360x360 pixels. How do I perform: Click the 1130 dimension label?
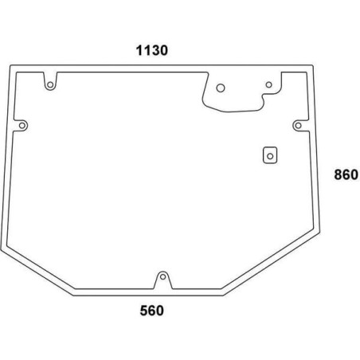coord(152,50)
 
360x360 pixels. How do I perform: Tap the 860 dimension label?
coord(346,174)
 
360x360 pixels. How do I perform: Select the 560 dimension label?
coord(152,311)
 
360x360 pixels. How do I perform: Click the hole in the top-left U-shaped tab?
coord(50,85)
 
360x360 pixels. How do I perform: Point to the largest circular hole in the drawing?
coord(221,88)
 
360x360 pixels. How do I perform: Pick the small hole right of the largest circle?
coord(269,84)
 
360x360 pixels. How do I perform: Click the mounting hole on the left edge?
coord(22,125)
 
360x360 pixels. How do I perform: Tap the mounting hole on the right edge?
coord(299,125)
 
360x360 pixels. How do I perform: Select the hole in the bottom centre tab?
coord(162,277)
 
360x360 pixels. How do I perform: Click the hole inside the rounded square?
coord(270,156)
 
